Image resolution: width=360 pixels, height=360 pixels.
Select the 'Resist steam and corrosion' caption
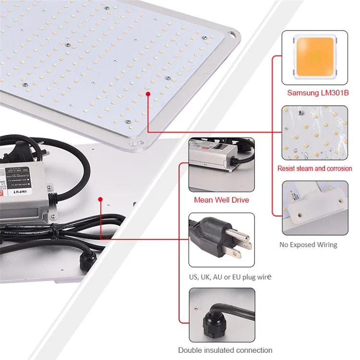point(314,168)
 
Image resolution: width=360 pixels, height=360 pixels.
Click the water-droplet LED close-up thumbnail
point(314,132)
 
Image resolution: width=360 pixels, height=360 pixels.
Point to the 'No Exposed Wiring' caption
point(308,245)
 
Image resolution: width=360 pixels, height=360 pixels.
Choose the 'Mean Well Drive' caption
point(221,200)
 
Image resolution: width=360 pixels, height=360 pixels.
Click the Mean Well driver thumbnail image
point(221,165)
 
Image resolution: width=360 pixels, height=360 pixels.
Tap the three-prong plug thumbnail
point(221,240)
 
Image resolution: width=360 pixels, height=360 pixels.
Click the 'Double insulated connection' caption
point(225,350)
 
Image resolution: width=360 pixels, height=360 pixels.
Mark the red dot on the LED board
point(148,95)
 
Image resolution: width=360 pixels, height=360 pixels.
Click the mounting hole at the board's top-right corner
point(233,35)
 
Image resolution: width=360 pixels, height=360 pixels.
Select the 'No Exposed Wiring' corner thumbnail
point(314,207)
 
